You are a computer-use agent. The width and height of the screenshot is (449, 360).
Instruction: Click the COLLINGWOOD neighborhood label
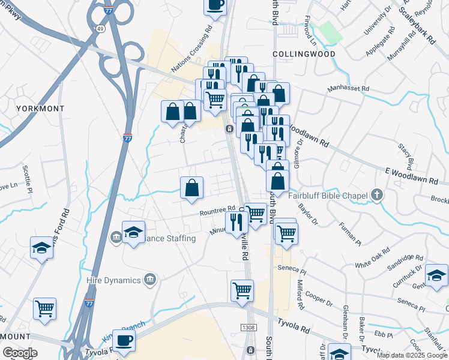pyautogui.click(x=303, y=54)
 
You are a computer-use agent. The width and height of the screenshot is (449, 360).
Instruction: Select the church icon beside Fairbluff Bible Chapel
pyautogui.click(x=376, y=194)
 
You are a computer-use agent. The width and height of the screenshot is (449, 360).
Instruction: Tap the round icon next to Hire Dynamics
pyautogui.click(x=150, y=279)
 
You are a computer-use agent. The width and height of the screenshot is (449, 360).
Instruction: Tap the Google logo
pyautogui.click(x=20, y=353)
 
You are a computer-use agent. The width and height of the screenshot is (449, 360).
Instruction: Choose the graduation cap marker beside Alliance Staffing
pyautogui.click(x=133, y=233)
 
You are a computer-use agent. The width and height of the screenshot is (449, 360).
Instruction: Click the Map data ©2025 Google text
pyautogui.click(x=412, y=355)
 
